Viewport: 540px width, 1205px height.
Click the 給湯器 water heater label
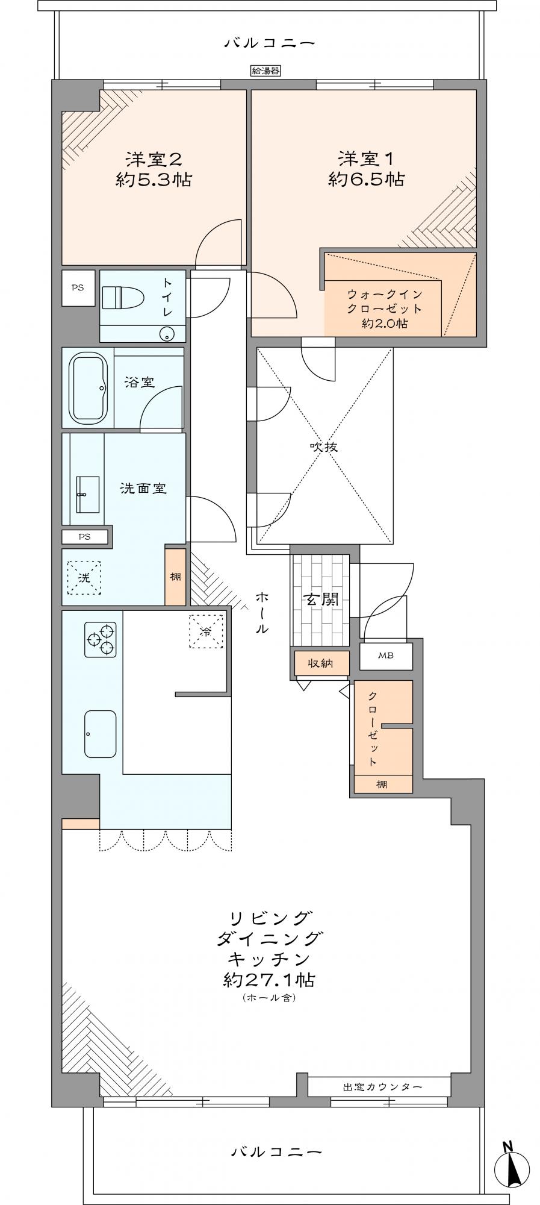265,71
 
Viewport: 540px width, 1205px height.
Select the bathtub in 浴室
88,388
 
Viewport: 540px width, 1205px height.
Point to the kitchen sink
100,733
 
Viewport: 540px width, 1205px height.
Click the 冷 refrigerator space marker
207,631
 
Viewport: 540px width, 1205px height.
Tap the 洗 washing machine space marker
84,578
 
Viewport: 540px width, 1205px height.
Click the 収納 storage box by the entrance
321,663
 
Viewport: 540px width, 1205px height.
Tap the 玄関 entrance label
320,599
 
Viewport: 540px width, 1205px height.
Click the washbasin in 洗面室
88,494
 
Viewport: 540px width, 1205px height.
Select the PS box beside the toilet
78,288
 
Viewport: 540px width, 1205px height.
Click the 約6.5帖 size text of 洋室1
366,179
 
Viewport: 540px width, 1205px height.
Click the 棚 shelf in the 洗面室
175,577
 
